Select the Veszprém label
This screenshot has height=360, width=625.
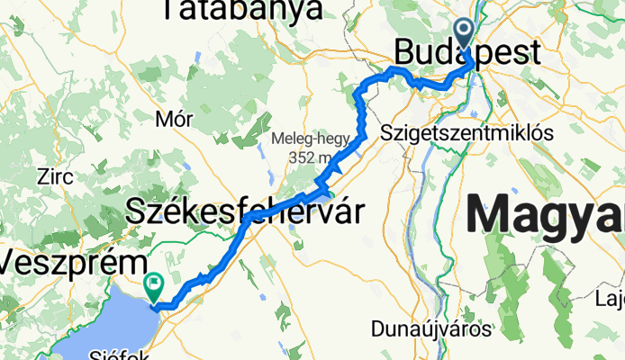(74, 264)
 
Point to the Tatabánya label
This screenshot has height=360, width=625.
(241, 10)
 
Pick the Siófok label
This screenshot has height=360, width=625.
(132, 354)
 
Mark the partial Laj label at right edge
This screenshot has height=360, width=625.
(612, 297)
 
